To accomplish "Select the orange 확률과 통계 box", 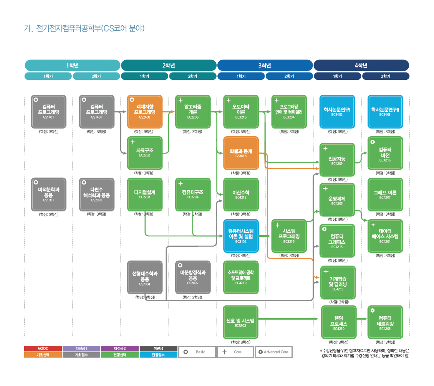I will (x=241, y=153).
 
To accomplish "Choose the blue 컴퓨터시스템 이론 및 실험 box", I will (x=241, y=235).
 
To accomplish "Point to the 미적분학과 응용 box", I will (x=48, y=194).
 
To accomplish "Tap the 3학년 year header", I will (x=265, y=65).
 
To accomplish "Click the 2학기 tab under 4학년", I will (x=386, y=76).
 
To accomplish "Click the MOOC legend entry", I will (x=43, y=348).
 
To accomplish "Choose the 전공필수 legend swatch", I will (x=158, y=355).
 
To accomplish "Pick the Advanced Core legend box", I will (x=273, y=352).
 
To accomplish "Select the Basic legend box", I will (x=197, y=352).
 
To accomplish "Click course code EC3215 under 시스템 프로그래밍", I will (x=289, y=242).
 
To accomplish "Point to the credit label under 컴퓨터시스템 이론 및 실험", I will (x=241, y=256).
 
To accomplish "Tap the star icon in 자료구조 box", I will (x=133, y=142).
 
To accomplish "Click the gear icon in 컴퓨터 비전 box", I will (x=372, y=142).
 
